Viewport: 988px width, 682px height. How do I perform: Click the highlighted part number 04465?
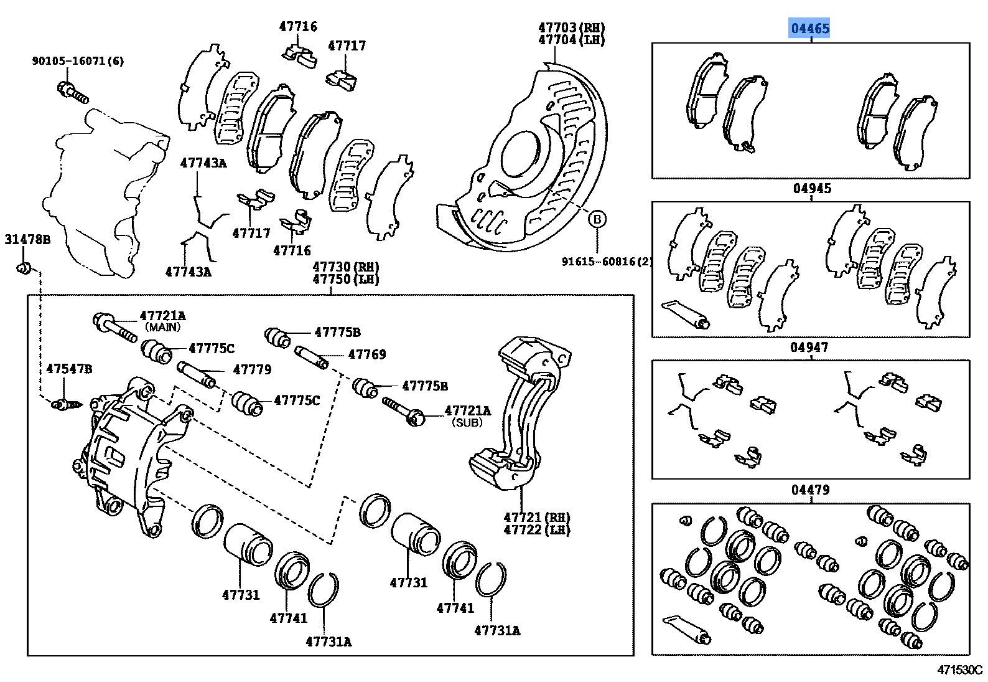pos(809,28)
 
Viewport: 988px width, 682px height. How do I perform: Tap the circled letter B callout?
pos(597,219)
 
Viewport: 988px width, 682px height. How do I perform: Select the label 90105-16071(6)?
pos(78,61)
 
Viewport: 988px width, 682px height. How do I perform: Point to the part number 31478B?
pos(27,240)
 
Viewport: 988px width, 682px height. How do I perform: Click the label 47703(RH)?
pos(571,27)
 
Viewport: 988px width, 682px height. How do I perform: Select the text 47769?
pos(367,354)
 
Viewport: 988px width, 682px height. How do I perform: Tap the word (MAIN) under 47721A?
pos(162,327)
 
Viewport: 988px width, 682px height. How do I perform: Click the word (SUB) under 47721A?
pos(467,422)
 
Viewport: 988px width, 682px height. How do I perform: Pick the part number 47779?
pos(252,370)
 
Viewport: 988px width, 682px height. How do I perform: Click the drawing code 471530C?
pos(959,670)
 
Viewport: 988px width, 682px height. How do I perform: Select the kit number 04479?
pos(810,490)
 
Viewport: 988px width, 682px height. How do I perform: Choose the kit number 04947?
pos(809,348)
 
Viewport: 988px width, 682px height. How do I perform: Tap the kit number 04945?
pos(811,189)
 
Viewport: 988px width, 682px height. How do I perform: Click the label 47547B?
pos(69,369)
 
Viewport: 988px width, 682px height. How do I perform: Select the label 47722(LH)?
pos(536,530)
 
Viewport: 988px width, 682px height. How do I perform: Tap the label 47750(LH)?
pos(346,279)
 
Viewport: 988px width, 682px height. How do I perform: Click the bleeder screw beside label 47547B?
pos(65,405)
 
